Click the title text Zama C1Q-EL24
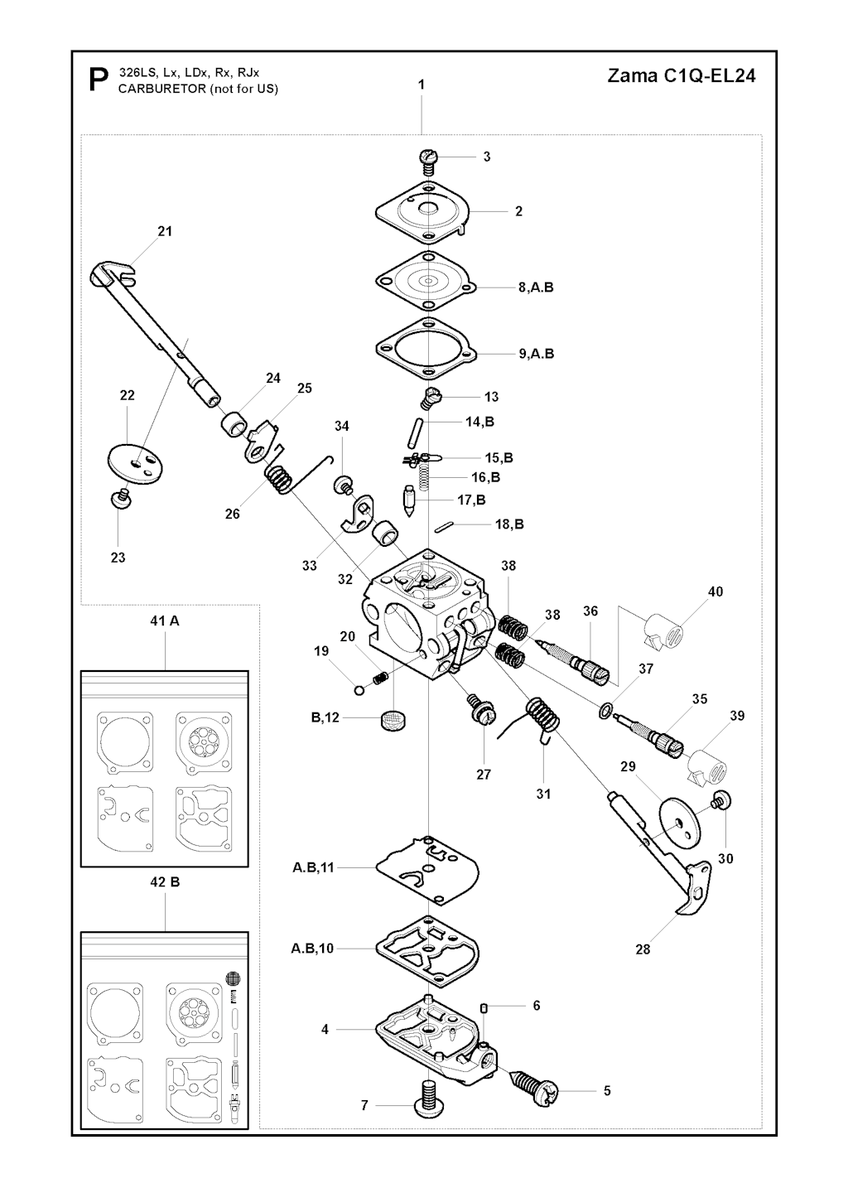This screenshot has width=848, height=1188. click(681, 76)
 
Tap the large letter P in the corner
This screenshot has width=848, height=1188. click(99, 80)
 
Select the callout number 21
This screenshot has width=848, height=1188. click(165, 231)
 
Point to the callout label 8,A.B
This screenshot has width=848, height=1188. click(536, 287)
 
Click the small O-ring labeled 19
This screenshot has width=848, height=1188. click(360, 690)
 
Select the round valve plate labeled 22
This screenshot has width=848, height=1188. click(135, 464)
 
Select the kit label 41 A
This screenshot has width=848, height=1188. click(164, 621)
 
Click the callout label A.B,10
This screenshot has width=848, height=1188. click(312, 949)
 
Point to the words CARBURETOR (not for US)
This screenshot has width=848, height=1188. click(198, 89)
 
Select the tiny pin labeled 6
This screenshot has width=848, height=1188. click(484, 1007)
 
